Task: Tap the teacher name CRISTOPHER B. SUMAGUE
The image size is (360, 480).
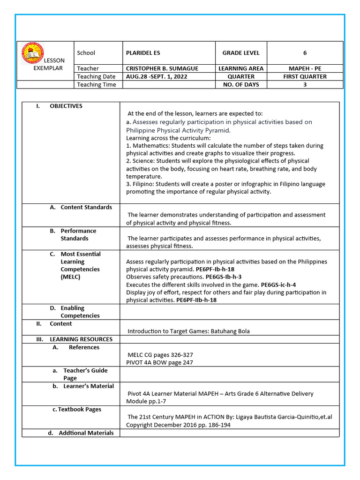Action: point(162,68)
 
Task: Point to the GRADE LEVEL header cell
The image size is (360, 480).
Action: point(240,53)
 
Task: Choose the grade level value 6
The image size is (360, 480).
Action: point(305,53)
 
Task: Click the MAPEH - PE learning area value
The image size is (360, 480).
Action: point(305,68)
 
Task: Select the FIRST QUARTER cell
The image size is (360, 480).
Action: point(305,76)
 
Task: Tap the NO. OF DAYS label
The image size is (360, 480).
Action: point(240,84)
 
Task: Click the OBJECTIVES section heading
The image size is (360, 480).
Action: point(66,106)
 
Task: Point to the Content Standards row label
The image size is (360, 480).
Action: point(86,207)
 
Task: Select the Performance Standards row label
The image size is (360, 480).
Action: point(78,234)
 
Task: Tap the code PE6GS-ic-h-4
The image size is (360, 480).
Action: point(278,285)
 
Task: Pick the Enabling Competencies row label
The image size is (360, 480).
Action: point(80,312)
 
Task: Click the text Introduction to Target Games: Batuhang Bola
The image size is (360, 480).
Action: point(188,331)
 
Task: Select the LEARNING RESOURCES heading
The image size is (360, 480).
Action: point(81,339)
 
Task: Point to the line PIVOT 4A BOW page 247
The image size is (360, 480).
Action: point(159,362)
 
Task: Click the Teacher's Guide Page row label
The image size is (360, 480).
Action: point(85,374)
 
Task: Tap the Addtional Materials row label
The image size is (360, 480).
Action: point(86,433)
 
